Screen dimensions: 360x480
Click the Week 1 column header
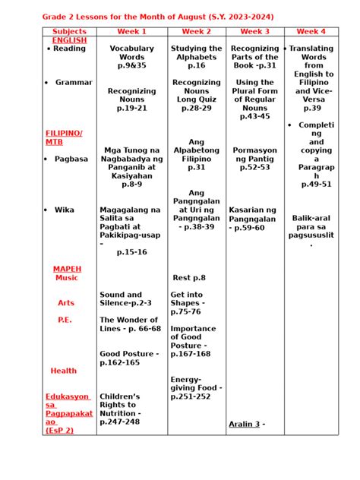tap(131, 32)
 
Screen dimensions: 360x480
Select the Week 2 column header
tap(197, 32)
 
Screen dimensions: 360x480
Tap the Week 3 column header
tap(254, 32)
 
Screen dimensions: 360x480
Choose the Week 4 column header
tap(311, 32)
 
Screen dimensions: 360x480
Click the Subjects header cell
tap(69, 32)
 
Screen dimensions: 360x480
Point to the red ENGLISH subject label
tap(69, 40)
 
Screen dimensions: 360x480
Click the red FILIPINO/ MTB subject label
tap(64, 137)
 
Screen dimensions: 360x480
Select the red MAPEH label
tap(67, 269)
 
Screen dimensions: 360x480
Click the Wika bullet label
tap(65, 210)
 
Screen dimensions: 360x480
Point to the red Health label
tap(64, 371)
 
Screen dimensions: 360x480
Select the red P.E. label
tap(65, 320)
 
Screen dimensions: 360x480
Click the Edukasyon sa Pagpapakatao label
tap(68, 413)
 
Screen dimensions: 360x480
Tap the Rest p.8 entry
tap(189, 278)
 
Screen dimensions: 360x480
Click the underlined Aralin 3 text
tap(245, 424)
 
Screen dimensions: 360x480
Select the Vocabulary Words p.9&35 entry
tap(131, 57)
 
